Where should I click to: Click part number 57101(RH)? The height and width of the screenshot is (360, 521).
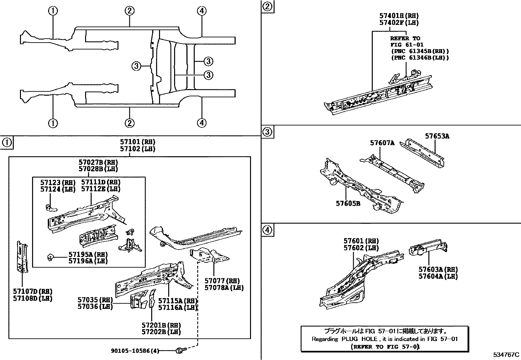coord(137,142)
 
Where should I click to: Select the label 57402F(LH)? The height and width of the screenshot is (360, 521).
coord(399,23)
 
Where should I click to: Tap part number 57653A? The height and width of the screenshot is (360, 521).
coord(437,136)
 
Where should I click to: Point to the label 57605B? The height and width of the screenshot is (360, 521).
coord(348,203)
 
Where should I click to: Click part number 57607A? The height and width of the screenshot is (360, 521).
coord(382,143)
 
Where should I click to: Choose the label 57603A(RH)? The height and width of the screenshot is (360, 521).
coord(438,269)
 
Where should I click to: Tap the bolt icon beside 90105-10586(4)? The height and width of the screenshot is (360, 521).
coord(180,351)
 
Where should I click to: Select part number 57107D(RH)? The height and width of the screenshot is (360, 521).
coord(33,292)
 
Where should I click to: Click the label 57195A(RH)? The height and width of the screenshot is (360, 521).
coord(88,254)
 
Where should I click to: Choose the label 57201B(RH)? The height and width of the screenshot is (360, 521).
coord(161,325)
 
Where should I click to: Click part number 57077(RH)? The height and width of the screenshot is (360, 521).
coord(222,281)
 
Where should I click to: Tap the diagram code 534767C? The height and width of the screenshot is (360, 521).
coord(506,354)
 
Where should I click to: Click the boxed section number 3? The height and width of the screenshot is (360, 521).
coord(267,132)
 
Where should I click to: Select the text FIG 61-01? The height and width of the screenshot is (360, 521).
coord(406,45)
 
